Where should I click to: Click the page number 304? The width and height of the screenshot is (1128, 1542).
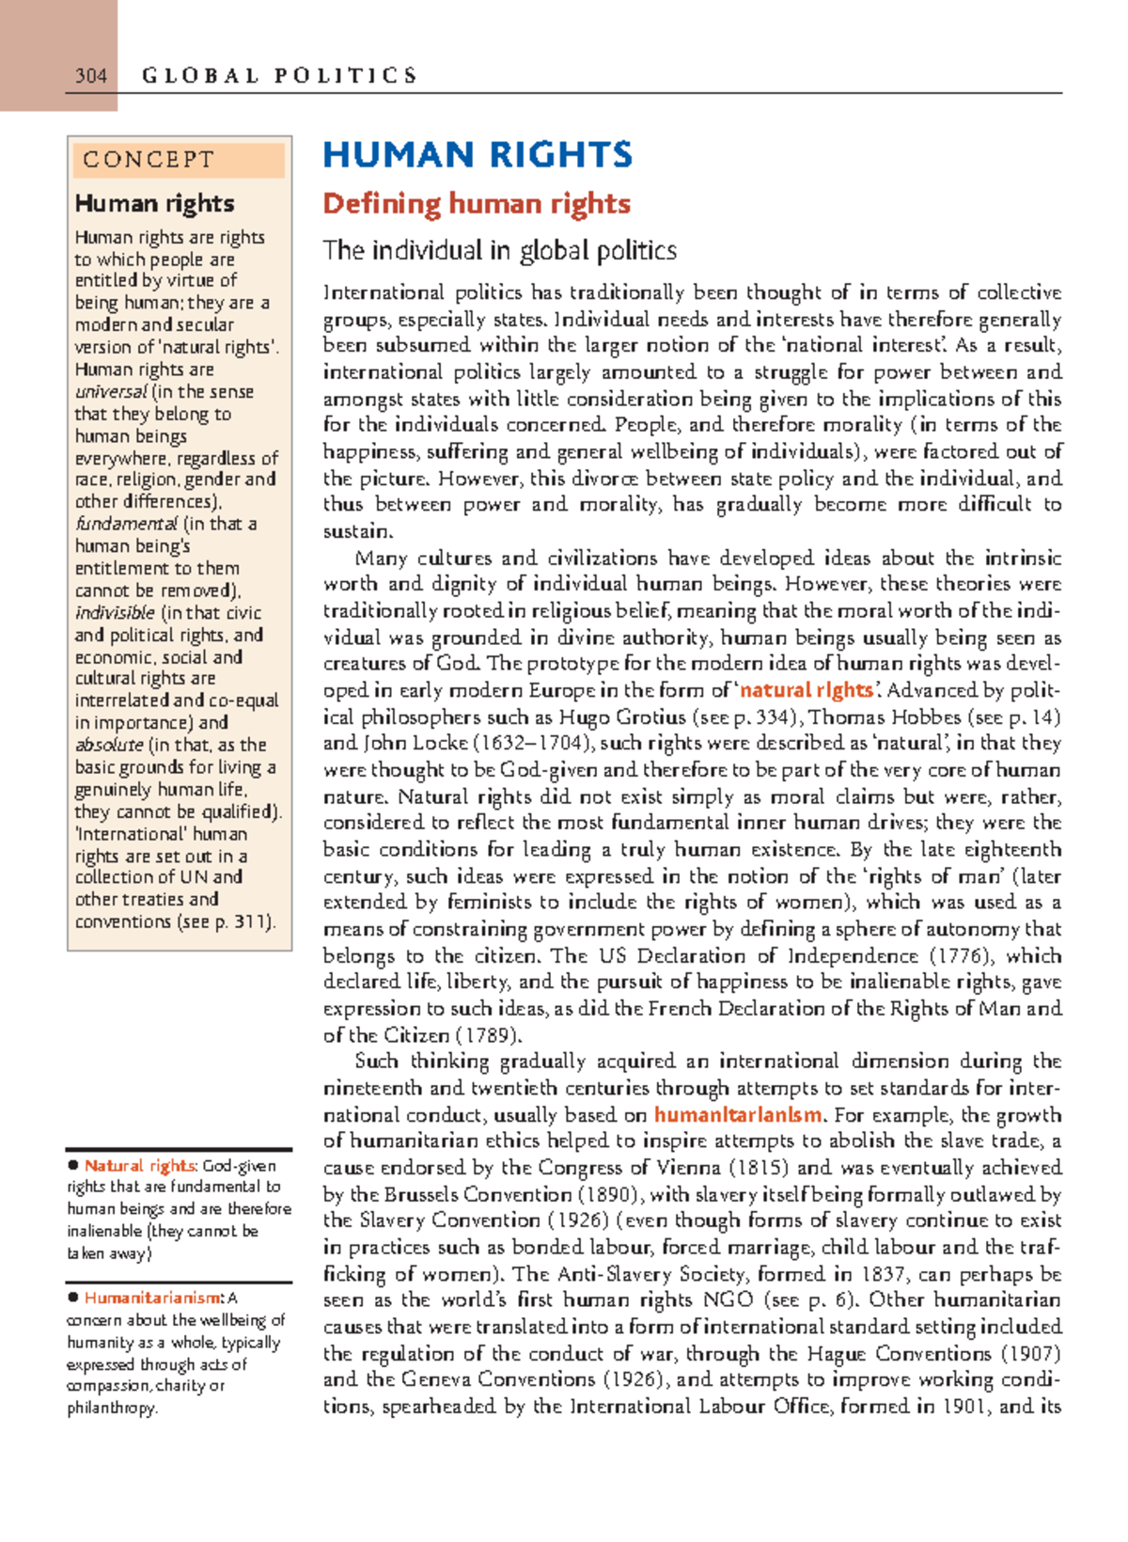pos(91,75)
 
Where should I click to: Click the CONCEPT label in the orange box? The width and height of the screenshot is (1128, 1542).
pos(149,160)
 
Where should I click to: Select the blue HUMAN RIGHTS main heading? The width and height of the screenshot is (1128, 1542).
pos(478,155)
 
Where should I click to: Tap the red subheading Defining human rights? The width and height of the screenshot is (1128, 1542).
pos(477,204)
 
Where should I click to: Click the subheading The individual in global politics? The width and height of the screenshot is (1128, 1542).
pos(499,250)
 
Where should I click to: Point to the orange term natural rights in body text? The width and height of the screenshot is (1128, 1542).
pos(806,690)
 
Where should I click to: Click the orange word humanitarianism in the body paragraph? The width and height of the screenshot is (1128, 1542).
pos(738,1115)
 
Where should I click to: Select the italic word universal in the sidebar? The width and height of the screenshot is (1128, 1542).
pos(111,392)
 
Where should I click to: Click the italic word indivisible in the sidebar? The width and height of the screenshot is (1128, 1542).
pos(115,613)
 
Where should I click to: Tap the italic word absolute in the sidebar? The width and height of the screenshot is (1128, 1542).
pos(109,745)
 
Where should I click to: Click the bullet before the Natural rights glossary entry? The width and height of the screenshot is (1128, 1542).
pos(72,1166)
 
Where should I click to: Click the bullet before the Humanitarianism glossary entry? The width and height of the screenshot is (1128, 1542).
pos(72,1298)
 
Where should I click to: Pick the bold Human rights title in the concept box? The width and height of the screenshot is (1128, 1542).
pos(154,204)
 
